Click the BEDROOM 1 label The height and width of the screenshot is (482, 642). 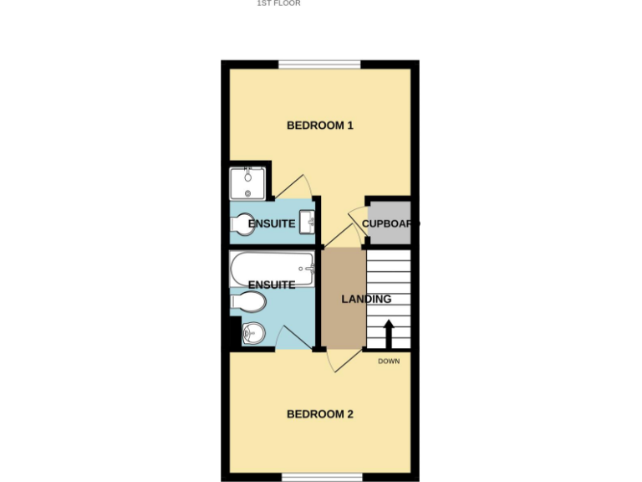[320, 126]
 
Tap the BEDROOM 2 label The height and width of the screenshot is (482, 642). [320, 414]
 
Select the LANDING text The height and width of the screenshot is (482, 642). [366, 299]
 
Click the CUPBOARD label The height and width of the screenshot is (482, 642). [390, 223]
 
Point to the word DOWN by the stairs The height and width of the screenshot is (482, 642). [389, 361]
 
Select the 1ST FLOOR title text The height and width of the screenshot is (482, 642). [278, 3]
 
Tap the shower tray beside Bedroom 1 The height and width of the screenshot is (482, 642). [247, 183]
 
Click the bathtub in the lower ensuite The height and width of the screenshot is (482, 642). [271, 268]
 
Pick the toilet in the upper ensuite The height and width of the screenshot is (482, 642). [242, 224]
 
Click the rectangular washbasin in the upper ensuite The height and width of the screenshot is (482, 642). [306, 222]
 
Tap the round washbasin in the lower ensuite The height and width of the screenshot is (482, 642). [252, 334]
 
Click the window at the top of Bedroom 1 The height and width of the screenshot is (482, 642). [319, 64]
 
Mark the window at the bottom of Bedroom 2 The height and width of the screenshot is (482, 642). [322, 477]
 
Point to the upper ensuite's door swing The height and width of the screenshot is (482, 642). [295, 186]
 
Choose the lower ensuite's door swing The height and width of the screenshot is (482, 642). [291, 339]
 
